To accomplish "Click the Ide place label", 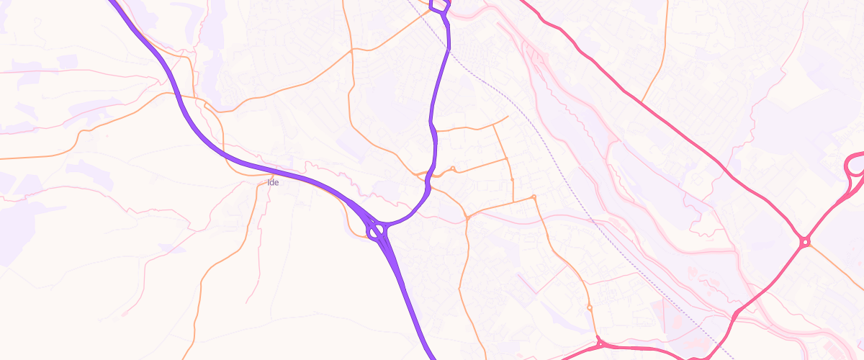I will point(273,182).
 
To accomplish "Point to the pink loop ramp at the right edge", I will point(855,166).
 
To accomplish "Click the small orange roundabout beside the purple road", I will point(453,169).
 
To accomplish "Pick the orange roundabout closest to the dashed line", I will point(534,197).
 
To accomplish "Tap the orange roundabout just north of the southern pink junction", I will point(590,308).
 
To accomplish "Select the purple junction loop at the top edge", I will point(439,6).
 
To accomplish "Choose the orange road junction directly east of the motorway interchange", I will point(467,216).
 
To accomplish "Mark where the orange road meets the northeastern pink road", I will point(642,100).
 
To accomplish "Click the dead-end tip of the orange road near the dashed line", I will point(508,116).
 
